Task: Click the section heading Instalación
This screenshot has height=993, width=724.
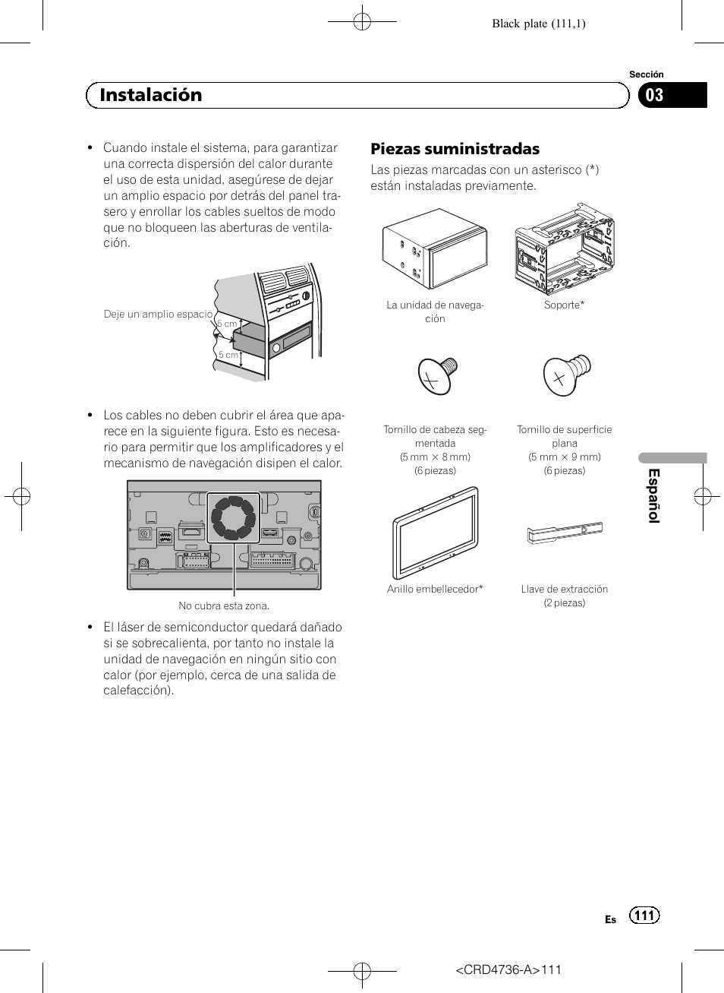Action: point(151,95)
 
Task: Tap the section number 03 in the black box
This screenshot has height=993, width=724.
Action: point(654,95)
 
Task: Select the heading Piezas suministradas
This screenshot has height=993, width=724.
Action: point(455,149)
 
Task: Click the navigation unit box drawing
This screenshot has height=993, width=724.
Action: point(435,248)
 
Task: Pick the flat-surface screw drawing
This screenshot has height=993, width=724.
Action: point(565,374)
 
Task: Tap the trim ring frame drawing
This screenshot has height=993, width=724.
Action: point(435,533)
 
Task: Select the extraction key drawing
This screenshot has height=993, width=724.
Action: point(565,533)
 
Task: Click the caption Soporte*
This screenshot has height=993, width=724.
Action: point(564,305)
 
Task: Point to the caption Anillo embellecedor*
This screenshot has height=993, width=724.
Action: point(435,589)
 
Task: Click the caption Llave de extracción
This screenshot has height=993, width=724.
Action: point(564,589)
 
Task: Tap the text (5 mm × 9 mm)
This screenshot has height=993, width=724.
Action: point(564,457)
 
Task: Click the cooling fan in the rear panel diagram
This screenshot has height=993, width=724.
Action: point(233,517)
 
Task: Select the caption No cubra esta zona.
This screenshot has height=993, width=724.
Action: point(224,606)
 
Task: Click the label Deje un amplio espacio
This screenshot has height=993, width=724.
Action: point(158,314)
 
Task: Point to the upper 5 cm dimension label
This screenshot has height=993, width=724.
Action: point(227,324)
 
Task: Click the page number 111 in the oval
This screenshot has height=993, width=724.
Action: point(644,915)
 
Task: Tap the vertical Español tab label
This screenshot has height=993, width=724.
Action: point(653,495)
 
